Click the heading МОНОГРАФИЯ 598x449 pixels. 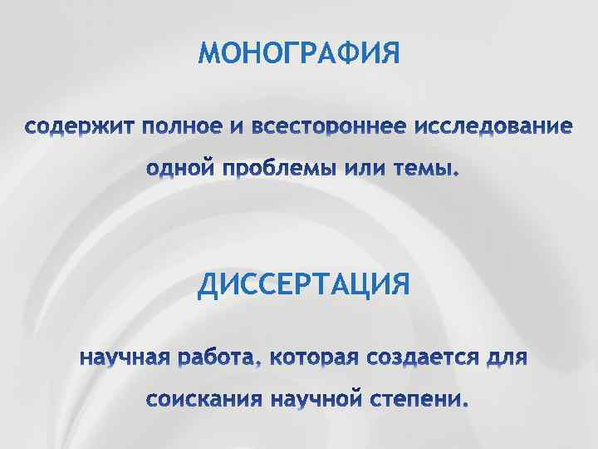pyautogui.click(x=299, y=54)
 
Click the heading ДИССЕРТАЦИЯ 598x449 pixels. pyautogui.click(x=303, y=286)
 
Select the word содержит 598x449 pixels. pyautogui.click(x=78, y=128)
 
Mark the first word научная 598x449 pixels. pyautogui.click(x=124, y=359)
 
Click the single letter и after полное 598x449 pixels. pyautogui.click(x=236, y=128)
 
